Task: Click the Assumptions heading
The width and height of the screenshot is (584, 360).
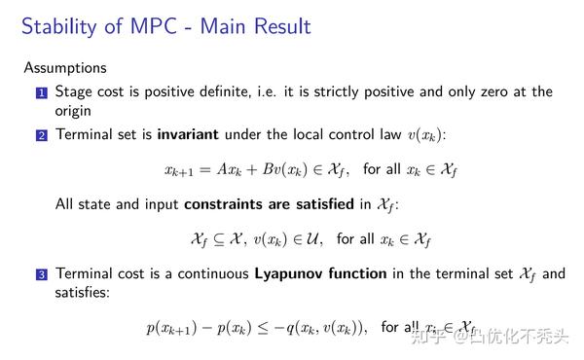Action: (66, 68)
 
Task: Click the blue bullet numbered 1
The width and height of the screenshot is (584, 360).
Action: (41, 93)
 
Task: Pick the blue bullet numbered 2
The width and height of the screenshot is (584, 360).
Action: (41, 135)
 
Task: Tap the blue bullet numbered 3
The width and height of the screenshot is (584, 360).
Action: (41, 275)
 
